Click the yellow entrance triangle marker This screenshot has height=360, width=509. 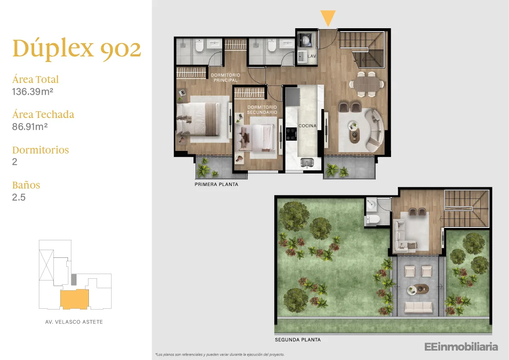328,18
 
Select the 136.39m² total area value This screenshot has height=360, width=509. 32,91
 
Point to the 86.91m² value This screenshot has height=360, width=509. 30,127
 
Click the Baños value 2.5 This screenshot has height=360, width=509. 19,197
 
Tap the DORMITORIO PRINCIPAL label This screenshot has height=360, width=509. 226,77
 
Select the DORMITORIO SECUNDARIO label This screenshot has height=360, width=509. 262,110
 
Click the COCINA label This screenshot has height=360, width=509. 307,126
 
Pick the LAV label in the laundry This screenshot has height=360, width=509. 312,56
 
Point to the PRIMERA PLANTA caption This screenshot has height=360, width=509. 217,184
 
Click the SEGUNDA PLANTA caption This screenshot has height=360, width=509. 298,340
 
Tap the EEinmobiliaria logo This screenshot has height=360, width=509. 461,347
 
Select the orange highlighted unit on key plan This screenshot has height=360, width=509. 74,299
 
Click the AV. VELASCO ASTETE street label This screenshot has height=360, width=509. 74,322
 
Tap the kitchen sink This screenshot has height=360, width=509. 307,162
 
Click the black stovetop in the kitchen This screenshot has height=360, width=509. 291,134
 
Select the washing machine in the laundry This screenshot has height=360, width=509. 306,41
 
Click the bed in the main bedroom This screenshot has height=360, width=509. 198,119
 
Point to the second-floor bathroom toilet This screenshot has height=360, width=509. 374,220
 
